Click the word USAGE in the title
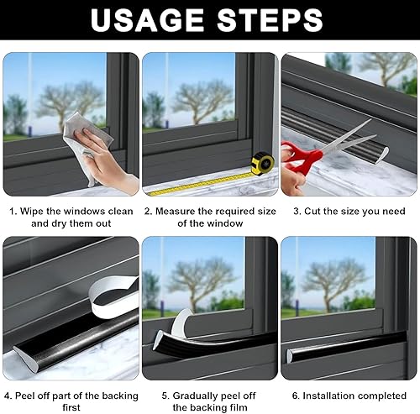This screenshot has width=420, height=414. (147, 20)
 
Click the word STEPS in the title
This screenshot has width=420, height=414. (270, 20)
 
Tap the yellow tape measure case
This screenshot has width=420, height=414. (263, 163)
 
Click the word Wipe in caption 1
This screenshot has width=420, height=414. (32, 211)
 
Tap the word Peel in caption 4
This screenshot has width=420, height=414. (24, 396)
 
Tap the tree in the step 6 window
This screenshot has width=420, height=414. (334, 283)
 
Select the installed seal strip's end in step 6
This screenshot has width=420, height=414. (290, 355)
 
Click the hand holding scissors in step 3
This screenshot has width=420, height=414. (291, 179)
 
